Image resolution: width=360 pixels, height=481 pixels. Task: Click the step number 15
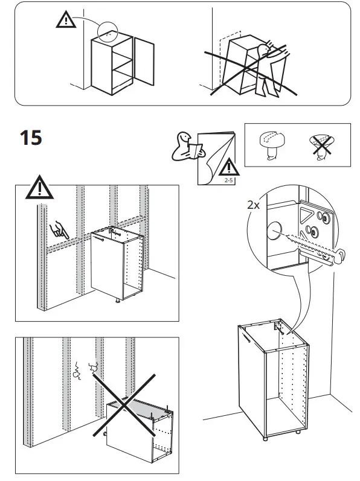point(31,138)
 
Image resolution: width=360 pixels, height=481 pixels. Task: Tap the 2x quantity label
point(254,205)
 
